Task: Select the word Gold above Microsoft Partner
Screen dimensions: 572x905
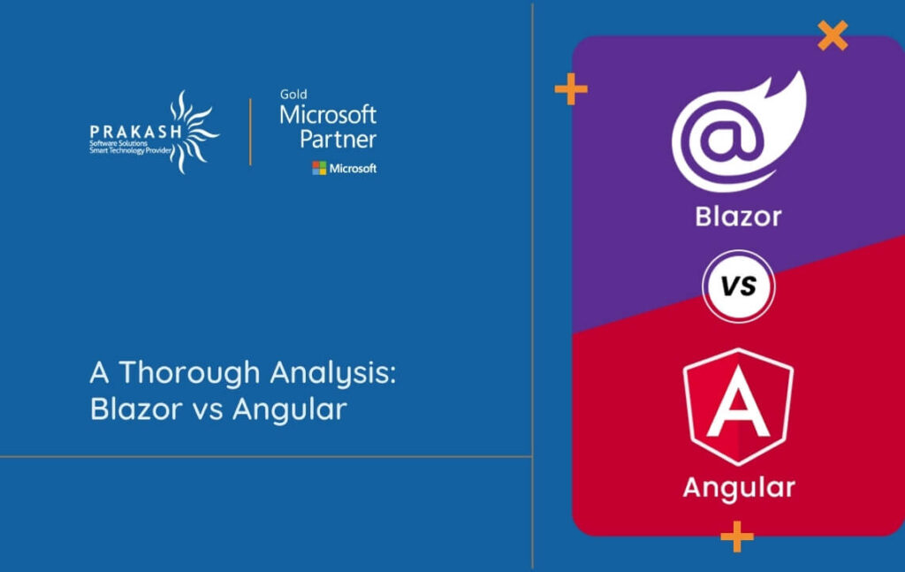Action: tap(293, 95)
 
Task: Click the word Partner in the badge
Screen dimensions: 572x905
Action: tap(338, 139)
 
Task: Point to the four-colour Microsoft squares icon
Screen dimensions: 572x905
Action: tap(319, 168)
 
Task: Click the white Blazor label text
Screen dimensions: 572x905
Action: tap(738, 216)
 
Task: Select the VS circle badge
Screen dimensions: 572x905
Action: tap(738, 287)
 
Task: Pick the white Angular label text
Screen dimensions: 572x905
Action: tap(738, 487)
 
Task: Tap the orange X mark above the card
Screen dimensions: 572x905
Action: tap(833, 35)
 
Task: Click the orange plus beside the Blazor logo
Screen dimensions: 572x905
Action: tap(571, 88)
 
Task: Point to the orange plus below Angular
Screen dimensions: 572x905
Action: tap(736, 536)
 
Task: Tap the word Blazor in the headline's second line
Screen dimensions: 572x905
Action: tap(134, 409)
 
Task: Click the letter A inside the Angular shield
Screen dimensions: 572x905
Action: tap(738, 407)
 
